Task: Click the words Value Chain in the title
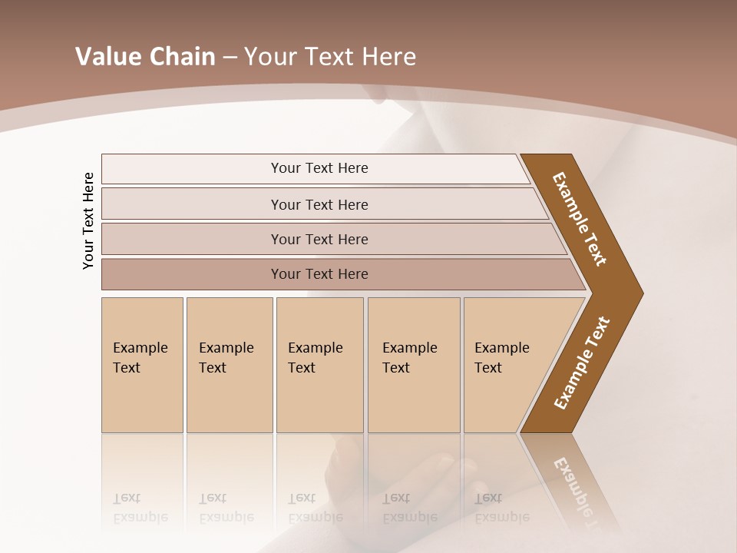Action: (x=145, y=57)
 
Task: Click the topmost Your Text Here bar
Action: (x=319, y=168)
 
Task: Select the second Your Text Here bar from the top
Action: (x=319, y=204)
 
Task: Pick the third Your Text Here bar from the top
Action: (x=319, y=239)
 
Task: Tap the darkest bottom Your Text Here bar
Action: (x=319, y=274)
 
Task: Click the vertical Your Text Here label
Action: (x=88, y=220)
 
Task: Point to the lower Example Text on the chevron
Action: (x=581, y=363)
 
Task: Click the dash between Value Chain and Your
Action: (x=230, y=57)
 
